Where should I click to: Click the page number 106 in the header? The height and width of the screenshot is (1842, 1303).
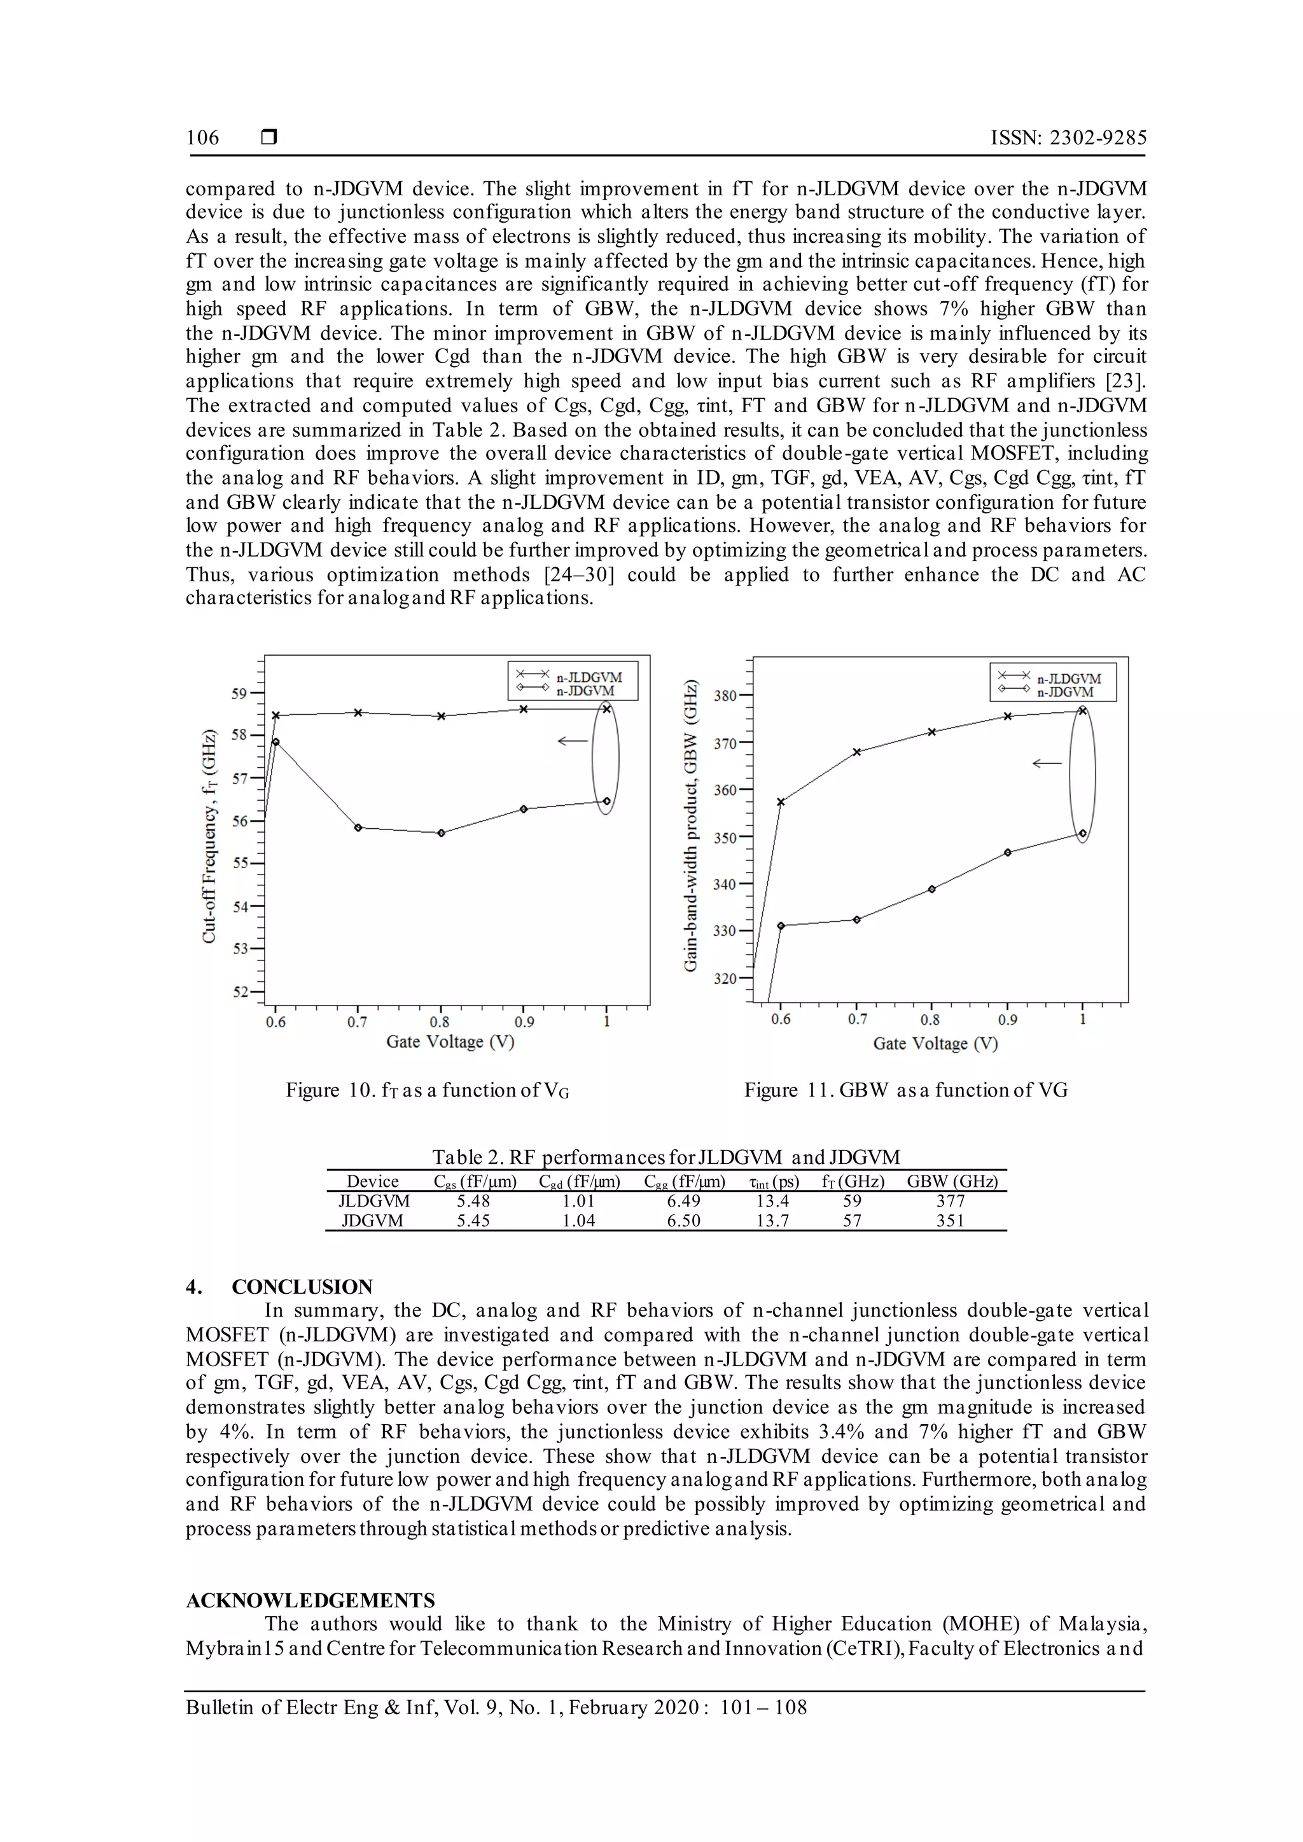[x=202, y=138]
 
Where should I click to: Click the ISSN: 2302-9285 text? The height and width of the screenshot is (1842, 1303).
[x=1068, y=138]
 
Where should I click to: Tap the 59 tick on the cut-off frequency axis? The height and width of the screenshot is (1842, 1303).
[x=240, y=693]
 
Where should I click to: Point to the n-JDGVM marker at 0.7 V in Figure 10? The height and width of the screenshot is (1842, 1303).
[x=358, y=827]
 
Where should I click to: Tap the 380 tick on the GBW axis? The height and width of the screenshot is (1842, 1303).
[x=725, y=696]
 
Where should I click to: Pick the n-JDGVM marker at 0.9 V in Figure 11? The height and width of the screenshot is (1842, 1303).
[x=1008, y=852]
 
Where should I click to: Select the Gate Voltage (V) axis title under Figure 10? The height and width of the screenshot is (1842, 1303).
[x=450, y=1041]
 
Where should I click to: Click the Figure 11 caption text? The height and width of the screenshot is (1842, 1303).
[x=905, y=1090]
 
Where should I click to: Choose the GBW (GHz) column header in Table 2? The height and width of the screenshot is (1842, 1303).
[x=952, y=1181]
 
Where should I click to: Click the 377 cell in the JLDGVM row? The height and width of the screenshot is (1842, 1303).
[x=951, y=1201]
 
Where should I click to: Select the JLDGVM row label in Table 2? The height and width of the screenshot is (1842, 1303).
[x=374, y=1201]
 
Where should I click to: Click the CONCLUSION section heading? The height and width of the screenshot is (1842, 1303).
[x=302, y=1287]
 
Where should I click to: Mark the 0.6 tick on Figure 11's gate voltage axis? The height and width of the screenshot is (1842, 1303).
[x=781, y=1019]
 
